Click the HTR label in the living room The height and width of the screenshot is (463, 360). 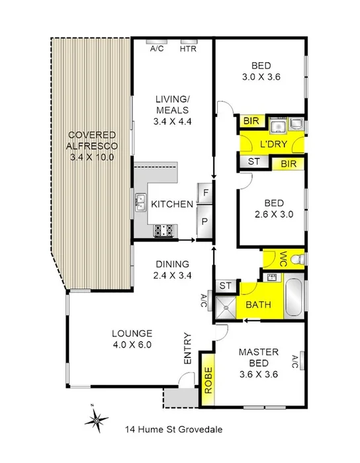(x=187, y=48)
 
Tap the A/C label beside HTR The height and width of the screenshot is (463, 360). (x=157, y=48)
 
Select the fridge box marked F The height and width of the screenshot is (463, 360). (x=205, y=193)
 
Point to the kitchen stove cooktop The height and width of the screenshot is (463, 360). (x=163, y=230)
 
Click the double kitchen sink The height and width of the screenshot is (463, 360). (x=141, y=202)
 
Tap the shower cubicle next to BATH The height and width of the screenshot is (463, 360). (x=226, y=306)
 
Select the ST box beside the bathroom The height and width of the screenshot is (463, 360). (x=226, y=286)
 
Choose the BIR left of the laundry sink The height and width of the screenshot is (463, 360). (x=251, y=121)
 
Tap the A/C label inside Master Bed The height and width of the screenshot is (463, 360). (x=295, y=361)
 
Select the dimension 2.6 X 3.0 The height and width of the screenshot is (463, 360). (x=270, y=214)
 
